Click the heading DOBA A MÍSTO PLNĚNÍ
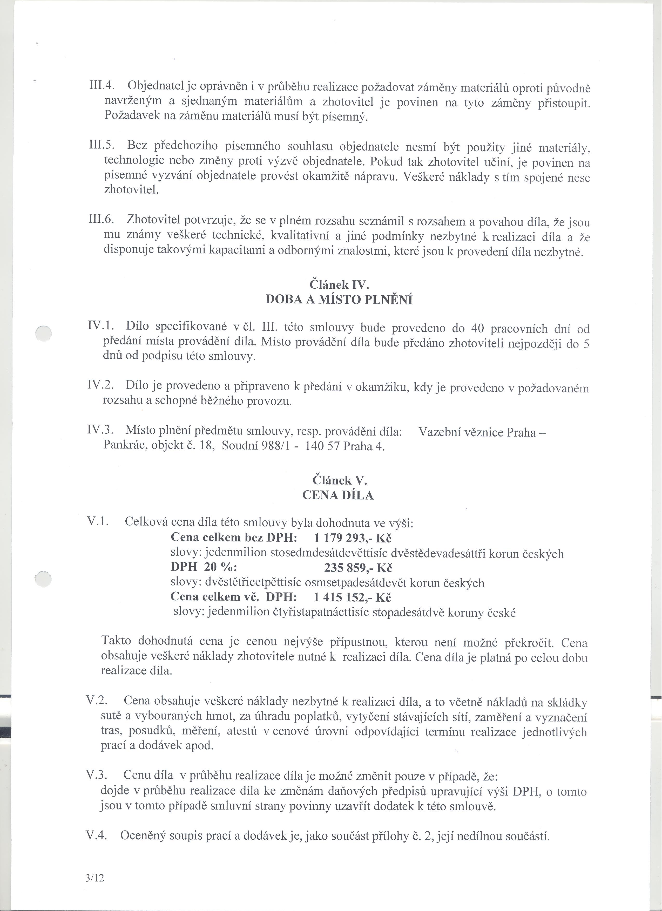tap(339, 300)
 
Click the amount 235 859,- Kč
tap(358, 568)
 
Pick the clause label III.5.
tap(101, 145)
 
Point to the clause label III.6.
tap(101, 220)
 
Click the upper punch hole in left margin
tap(44, 333)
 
